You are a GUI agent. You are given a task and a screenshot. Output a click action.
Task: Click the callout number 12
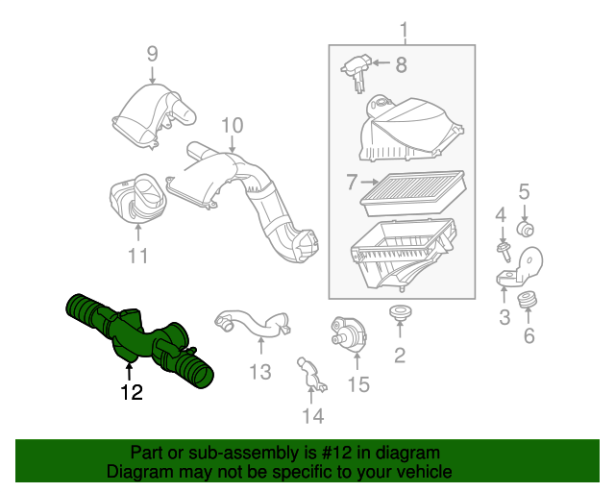(132, 392)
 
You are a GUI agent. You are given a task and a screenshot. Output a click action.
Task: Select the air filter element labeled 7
(413, 193)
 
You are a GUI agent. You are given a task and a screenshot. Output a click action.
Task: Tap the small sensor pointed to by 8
(357, 73)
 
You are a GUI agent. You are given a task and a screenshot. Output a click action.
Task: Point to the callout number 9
(152, 54)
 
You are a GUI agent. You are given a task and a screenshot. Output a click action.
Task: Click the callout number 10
(233, 126)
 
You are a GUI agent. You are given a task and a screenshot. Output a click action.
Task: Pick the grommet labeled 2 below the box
(400, 312)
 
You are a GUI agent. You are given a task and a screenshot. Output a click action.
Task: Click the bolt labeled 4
(504, 252)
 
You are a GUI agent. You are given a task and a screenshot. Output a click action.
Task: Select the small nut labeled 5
(525, 229)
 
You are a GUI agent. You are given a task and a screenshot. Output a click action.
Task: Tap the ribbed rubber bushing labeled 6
(528, 301)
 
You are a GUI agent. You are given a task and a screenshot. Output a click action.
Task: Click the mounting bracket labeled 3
(521, 267)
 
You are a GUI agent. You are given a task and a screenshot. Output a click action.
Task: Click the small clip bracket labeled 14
(311, 374)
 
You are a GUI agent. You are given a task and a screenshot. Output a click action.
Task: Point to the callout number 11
(137, 256)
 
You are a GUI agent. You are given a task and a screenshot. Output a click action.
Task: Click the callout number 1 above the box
(404, 30)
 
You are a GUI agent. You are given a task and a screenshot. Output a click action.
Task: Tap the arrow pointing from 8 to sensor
(381, 62)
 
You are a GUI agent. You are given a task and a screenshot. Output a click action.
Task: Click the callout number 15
(358, 384)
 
